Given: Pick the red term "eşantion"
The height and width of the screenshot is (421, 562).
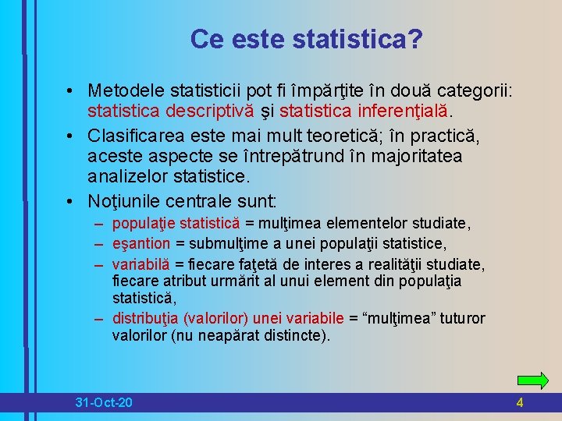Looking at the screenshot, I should tap(140, 244).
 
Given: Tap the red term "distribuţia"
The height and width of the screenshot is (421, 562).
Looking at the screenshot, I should tap(146, 318).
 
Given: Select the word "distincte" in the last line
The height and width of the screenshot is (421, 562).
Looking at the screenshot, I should tap(296, 337).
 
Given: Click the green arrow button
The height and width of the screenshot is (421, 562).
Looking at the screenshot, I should tap(533, 380).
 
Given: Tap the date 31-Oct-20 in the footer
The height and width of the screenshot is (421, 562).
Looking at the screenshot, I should tap(103, 402).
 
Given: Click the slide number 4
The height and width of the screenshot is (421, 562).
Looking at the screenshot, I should tap(520, 402).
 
